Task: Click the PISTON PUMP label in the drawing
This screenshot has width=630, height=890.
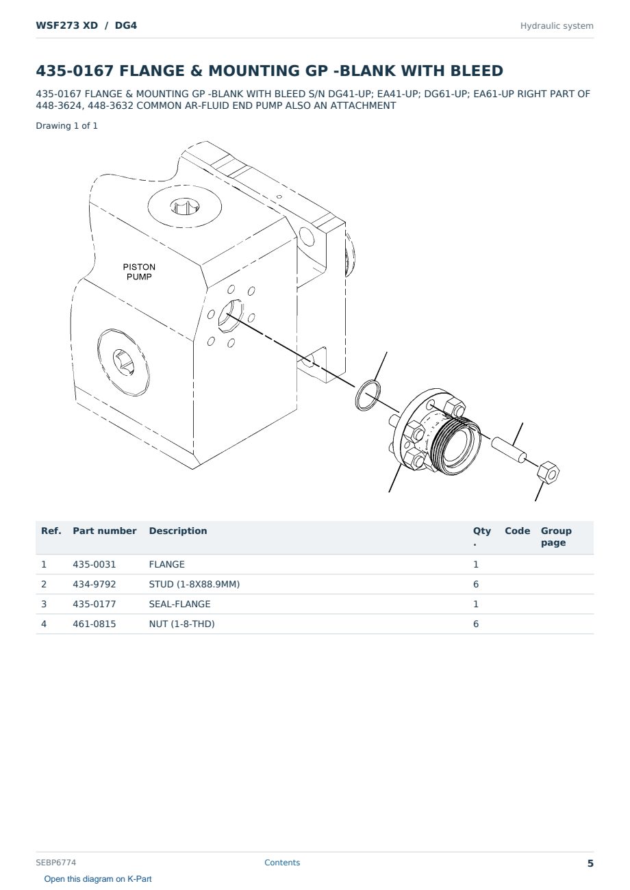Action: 139,272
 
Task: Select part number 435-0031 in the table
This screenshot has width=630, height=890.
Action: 94,564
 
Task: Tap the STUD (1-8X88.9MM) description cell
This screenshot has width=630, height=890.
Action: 194,584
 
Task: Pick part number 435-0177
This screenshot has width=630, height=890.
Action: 94,604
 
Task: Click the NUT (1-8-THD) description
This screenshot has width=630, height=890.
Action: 181,624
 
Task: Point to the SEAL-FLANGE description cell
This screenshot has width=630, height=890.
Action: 179,604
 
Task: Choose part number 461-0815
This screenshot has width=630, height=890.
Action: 94,624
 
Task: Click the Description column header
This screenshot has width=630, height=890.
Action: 178,531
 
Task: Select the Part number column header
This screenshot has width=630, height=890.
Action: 105,531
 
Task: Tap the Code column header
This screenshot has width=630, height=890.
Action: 517,531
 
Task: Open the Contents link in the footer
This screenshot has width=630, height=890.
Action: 282,862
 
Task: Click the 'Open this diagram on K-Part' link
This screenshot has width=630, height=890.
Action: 98,878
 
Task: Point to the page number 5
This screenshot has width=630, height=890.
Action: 590,863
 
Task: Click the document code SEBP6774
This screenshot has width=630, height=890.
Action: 55,862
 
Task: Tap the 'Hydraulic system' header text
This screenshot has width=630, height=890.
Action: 557,26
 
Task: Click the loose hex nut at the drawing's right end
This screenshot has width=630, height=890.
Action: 548,473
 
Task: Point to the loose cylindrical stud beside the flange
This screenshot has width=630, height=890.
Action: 509,450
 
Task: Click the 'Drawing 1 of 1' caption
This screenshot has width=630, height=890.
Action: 67,126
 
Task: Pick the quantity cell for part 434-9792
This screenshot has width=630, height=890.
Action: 476,584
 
